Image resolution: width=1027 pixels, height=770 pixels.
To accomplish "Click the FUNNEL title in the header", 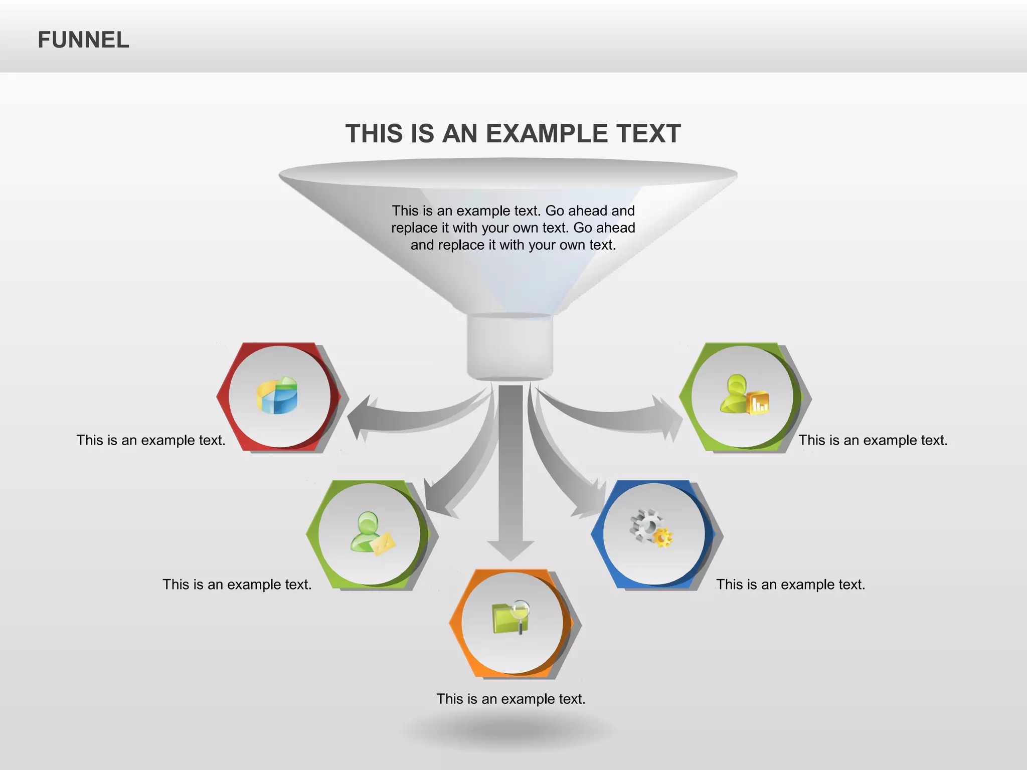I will pos(83,40).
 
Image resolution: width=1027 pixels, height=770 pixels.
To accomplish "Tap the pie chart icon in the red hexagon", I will pos(277,396).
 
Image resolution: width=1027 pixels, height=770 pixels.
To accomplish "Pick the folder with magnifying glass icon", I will pos(511,617).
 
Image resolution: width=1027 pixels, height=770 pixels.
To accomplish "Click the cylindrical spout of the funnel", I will pos(510,346).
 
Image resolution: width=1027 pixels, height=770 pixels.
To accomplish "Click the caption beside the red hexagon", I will pos(150,440).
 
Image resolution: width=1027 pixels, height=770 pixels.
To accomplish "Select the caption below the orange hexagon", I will pos(510,699).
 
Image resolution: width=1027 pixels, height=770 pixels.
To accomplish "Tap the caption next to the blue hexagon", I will pos(790,585).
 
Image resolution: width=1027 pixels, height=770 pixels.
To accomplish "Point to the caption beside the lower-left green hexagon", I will pos(237,585).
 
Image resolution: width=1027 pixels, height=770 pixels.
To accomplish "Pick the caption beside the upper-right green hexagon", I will pos(873,440).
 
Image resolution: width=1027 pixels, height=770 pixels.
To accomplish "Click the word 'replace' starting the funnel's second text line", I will pos(414,228).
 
